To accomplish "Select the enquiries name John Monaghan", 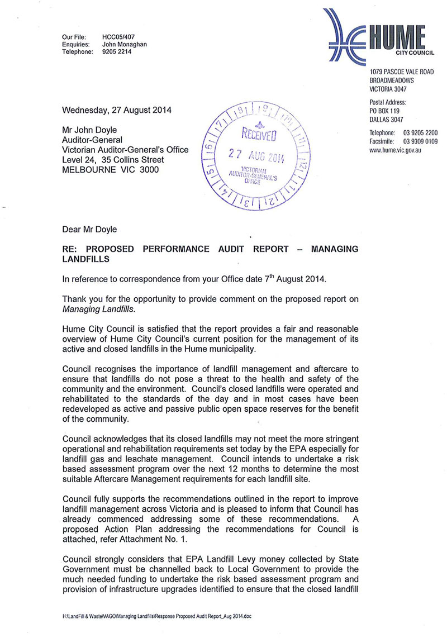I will coord(125,45).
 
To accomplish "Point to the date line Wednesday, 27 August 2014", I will coord(117,109).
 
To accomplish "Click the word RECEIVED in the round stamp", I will coord(257,135).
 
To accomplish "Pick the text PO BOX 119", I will coord(386,111).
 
